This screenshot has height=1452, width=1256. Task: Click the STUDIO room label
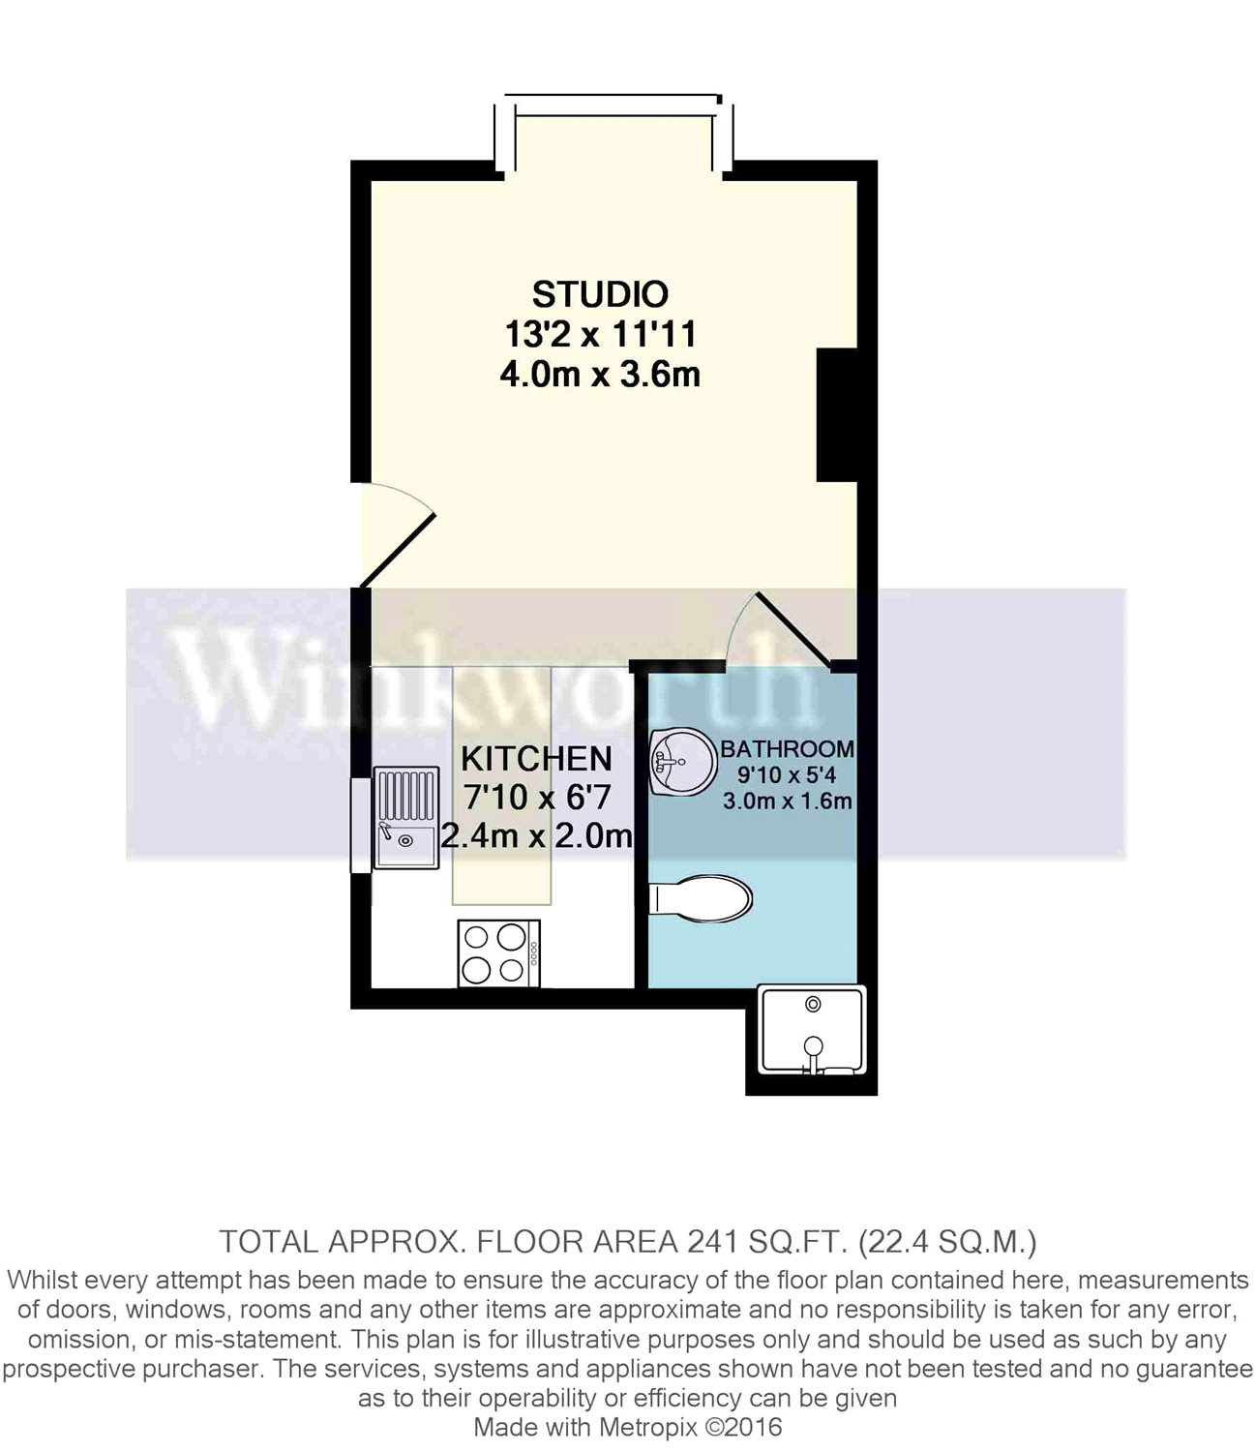coord(600,293)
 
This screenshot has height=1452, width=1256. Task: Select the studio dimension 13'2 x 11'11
coord(600,334)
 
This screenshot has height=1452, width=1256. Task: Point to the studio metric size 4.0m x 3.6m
coord(600,374)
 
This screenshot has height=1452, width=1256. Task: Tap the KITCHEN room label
coord(536,758)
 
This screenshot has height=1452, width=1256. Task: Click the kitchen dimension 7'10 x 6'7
coord(536,797)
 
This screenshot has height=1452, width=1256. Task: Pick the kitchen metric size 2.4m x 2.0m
coord(536,834)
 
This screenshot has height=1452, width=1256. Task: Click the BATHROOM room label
coord(787,748)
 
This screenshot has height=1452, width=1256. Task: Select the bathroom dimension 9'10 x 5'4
coord(787,774)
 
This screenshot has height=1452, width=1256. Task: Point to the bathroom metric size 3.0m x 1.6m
coord(787,801)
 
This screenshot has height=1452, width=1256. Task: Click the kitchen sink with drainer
coord(404,817)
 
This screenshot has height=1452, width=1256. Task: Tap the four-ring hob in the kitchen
coord(498,953)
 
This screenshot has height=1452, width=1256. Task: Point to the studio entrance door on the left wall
coord(395,537)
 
